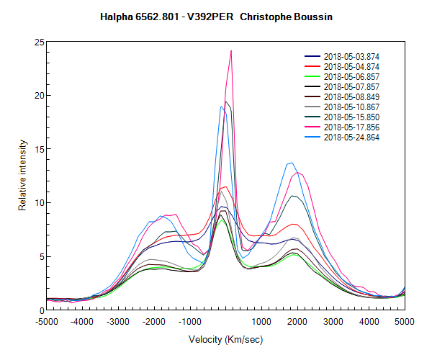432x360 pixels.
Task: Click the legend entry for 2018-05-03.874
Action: point(350,56)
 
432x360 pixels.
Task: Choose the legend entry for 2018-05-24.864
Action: point(350,137)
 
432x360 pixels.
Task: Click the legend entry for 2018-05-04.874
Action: point(350,66)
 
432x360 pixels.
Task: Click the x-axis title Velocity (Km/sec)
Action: point(225,339)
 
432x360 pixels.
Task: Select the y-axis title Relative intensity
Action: point(23,176)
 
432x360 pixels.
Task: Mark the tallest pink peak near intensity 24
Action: point(231,51)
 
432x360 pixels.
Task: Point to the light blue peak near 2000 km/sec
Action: point(290,163)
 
